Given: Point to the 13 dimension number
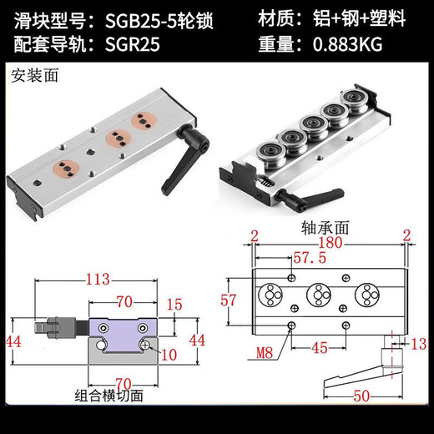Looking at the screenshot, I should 418,341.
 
